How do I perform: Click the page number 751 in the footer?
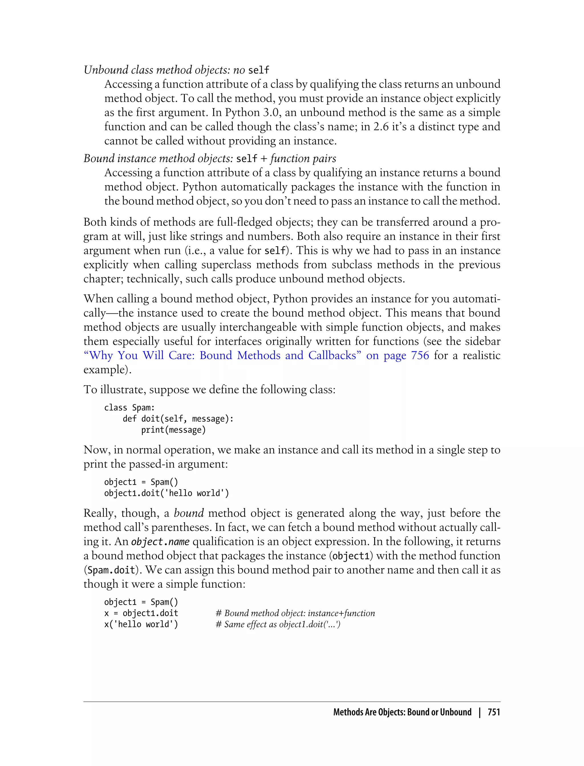click(494, 712)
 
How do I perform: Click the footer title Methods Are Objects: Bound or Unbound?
click(402, 712)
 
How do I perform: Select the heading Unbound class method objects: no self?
click(176, 70)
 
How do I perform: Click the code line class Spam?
click(129, 408)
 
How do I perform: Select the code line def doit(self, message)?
click(178, 419)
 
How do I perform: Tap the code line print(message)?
click(173, 430)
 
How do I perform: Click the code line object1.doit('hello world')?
click(167, 493)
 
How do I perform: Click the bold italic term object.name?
click(160, 541)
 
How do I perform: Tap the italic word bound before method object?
click(188, 513)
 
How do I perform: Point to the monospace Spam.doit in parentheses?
click(111, 570)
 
